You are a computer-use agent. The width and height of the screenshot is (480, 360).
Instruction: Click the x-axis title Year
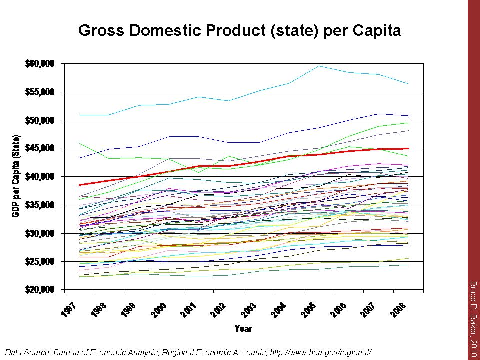point(243,328)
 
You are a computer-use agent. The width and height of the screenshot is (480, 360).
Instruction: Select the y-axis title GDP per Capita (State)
point(16,176)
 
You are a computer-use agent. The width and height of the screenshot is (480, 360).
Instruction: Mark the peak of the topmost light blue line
point(319,66)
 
